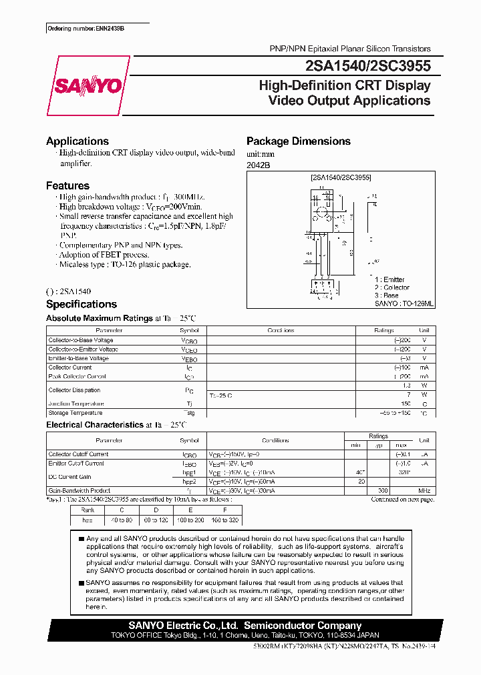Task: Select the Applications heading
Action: (77, 141)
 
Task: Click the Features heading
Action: (67, 186)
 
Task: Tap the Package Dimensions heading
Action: (299, 141)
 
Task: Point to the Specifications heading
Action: (82, 304)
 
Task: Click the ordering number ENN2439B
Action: (86, 29)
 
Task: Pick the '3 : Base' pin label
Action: (387, 295)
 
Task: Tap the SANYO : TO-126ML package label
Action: (404, 303)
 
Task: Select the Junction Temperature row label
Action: (76, 404)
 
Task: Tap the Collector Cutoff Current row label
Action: (78, 454)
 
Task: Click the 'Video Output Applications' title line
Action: (349, 101)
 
